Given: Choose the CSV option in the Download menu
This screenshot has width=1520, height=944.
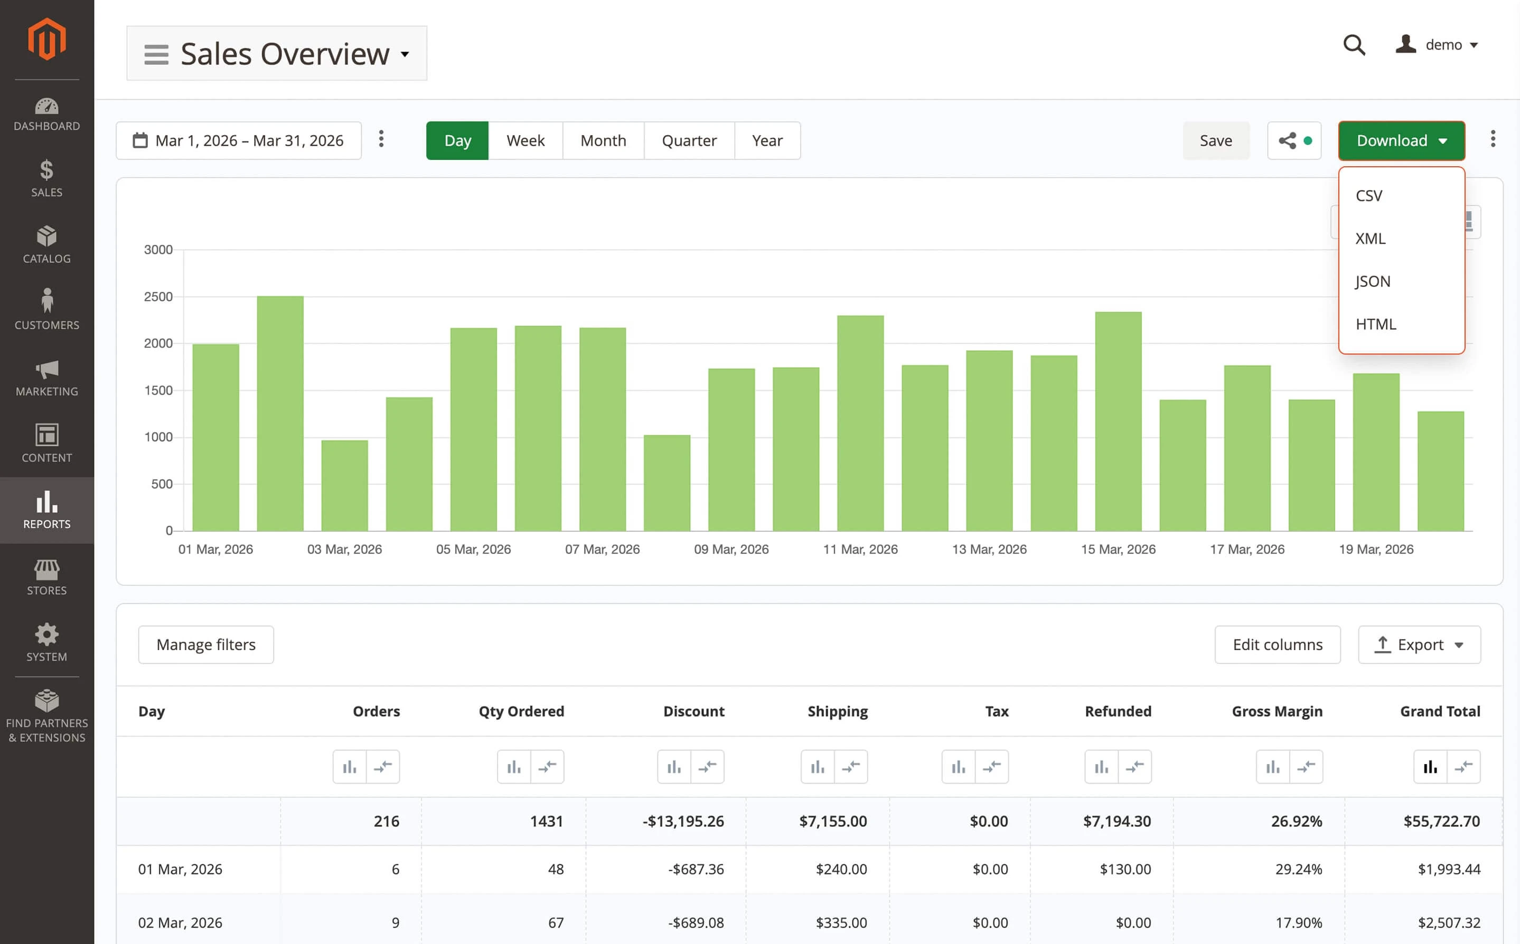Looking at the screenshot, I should (x=1369, y=195).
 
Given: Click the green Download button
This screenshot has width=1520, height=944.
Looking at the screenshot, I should (x=1401, y=140).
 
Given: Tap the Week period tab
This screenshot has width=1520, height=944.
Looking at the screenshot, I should (x=525, y=140).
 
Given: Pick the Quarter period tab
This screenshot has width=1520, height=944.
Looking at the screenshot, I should (x=689, y=140).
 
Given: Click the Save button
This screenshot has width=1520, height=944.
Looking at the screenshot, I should (x=1215, y=140).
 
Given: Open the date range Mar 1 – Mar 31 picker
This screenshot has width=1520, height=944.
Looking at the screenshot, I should (x=238, y=140).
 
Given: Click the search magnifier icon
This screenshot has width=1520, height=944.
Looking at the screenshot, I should (x=1353, y=45).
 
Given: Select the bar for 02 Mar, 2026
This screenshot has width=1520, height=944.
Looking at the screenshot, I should (x=280, y=413).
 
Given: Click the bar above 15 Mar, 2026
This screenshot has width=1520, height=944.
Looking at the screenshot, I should (x=1118, y=422).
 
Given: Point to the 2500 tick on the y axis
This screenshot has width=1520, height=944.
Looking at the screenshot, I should (x=158, y=297).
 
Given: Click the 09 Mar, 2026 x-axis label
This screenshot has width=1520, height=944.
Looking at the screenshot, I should (x=731, y=549).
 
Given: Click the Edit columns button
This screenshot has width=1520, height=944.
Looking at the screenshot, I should (x=1277, y=644).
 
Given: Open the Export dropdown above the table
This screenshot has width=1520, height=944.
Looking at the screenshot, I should (x=1419, y=644).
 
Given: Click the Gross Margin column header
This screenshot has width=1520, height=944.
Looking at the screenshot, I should (x=1277, y=711).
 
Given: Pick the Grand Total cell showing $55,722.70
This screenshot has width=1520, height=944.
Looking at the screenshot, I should (x=1441, y=821).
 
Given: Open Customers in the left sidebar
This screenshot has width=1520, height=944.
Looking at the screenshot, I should (x=47, y=309).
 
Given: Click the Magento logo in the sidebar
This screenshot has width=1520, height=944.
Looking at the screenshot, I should (x=47, y=39).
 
